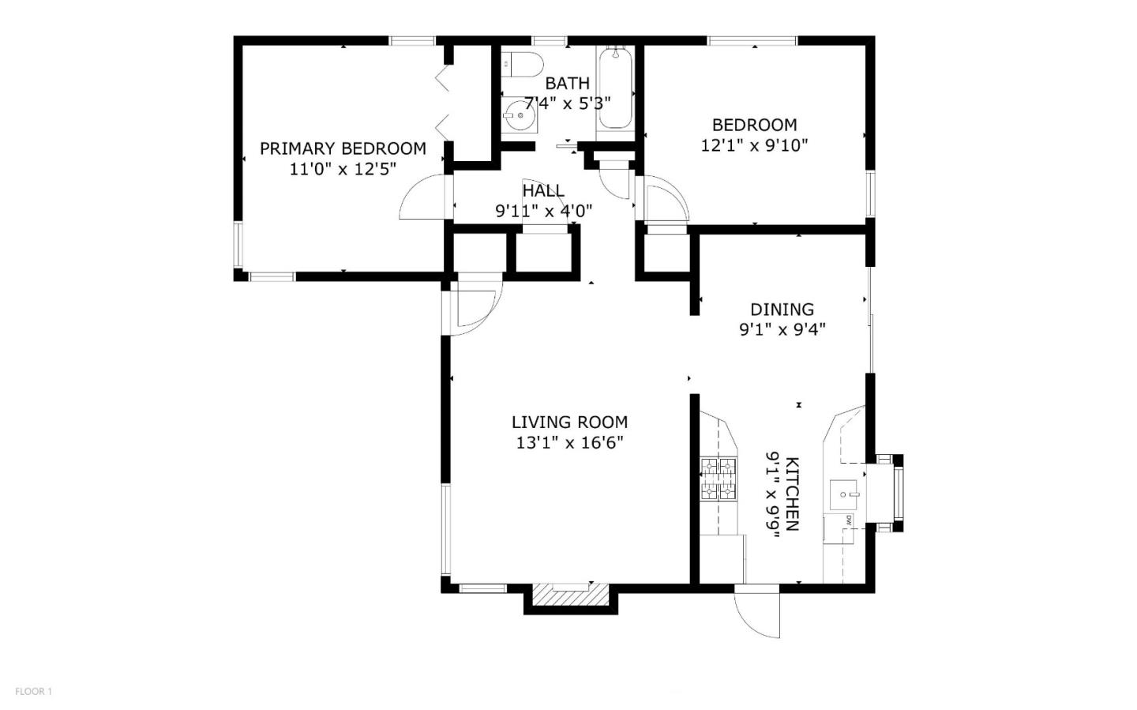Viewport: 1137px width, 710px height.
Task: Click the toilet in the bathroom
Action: (523, 65)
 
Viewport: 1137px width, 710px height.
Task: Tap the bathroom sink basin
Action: (520, 115)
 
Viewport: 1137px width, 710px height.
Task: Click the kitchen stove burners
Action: (719, 479)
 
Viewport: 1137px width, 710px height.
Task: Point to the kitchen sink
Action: (843, 495)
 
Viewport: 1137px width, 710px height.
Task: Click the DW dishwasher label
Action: (848, 520)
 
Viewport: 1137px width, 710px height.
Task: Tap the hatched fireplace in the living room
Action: (571, 594)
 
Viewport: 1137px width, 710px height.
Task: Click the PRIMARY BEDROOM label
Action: (343, 148)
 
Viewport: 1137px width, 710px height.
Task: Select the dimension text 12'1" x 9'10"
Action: (754, 146)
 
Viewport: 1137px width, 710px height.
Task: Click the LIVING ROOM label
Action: (569, 422)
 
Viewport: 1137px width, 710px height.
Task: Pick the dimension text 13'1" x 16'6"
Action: (569, 443)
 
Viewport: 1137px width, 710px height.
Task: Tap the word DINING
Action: (782, 310)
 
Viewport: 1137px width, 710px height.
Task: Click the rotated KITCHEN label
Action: (793, 494)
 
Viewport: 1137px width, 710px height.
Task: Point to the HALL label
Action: (543, 190)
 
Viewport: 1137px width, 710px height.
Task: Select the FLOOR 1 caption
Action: (33, 691)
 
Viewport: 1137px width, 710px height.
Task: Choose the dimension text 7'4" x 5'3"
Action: (568, 103)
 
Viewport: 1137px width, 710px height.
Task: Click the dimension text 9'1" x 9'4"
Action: (782, 330)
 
